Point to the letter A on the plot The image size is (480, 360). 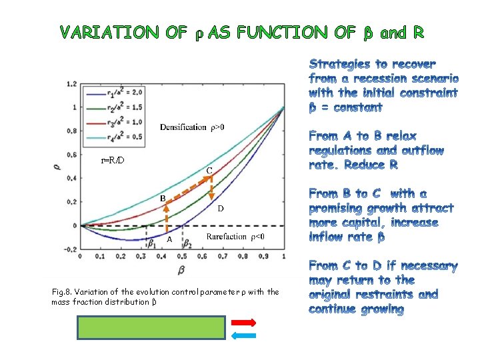(169, 239)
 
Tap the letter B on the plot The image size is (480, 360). (162, 199)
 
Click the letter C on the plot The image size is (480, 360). (209, 171)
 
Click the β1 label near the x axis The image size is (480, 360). (153, 243)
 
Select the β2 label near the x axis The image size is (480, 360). (189, 243)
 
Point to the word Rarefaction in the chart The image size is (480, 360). (227, 237)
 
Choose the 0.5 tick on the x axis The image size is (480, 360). (182, 255)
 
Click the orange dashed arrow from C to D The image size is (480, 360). (211, 189)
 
